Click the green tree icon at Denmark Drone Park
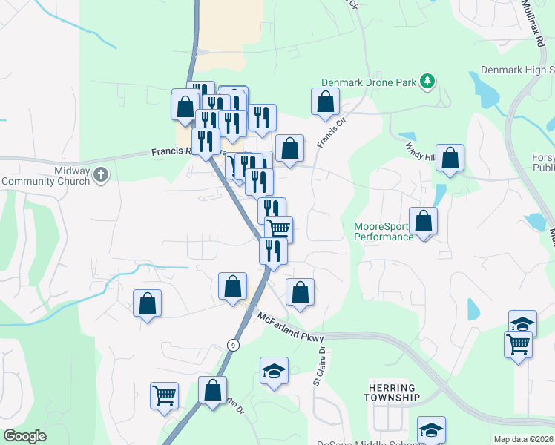pos(427,81)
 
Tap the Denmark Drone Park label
pos(369,82)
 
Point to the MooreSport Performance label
pos(383,231)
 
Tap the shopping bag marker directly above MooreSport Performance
pos(423,221)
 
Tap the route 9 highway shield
pos(233,345)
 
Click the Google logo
pos(25,436)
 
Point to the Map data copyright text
pos(524,439)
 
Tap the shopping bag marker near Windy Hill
pos(450,158)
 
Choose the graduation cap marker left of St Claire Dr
pos(273,371)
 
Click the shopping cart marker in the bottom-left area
pos(164,395)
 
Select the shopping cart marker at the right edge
pos(519,343)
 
